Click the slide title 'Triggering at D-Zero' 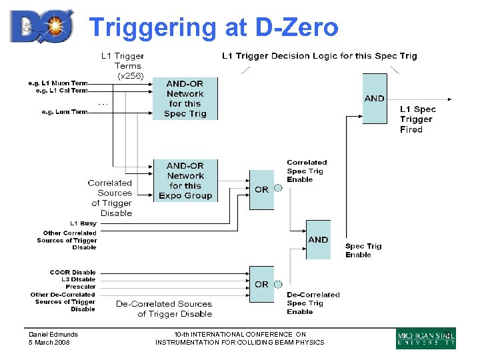coord(213,27)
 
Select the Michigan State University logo coord(426,339)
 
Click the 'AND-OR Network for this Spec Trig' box coord(185,99)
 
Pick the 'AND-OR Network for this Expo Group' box coord(185,181)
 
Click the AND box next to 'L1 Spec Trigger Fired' coord(374,99)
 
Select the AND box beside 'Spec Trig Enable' coord(318,239)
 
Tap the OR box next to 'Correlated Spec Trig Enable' coord(261,189)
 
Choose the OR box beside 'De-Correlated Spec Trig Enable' coord(261,284)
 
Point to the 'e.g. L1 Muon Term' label coord(57,83)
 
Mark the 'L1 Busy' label coord(83,223)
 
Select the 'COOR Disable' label coord(73,272)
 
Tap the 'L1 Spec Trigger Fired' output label coord(417,119)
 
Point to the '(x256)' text coord(130,76)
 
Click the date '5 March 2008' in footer coord(49,343)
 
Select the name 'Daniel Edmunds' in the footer coord(53,335)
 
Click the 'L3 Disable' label coord(79,279)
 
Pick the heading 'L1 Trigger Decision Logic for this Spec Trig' coord(319,56)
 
